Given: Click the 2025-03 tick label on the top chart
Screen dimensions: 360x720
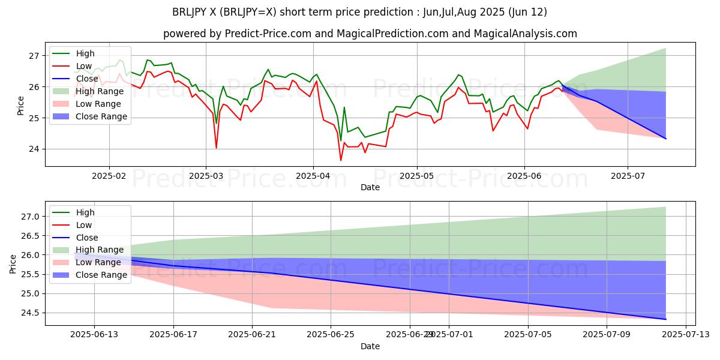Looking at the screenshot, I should [x=206, y=176].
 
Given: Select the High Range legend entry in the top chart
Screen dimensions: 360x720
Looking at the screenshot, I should [x=98, y=91].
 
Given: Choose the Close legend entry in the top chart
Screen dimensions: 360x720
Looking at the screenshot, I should [x=87, y=79].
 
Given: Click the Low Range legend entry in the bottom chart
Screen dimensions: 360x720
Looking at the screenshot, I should [x=98, y=262].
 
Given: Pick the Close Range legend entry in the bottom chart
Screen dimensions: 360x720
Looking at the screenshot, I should [x=101, y=275].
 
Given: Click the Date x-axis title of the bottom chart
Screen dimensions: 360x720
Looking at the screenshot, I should [x=370, y=346].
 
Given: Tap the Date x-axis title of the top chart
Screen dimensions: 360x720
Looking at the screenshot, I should [x=370, y=187].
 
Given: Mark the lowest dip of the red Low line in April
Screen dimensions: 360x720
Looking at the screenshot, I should [x=341, y=160].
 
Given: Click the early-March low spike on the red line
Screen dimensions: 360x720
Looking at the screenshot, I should [x=216, y=148].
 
